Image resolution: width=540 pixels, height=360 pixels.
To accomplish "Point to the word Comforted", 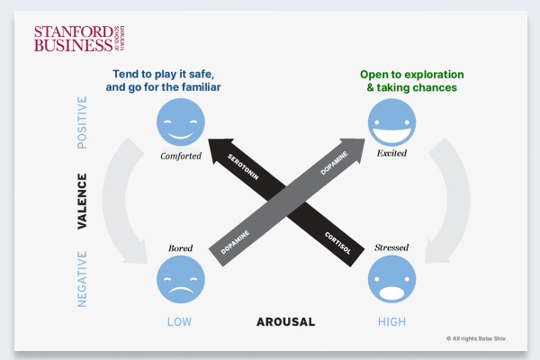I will tap(181, 156).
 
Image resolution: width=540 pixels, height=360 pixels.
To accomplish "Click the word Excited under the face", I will tap(392, 153).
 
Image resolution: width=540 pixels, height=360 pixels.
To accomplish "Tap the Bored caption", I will tap(181, 247).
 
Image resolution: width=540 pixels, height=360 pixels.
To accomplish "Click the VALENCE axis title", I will tap(82, 202).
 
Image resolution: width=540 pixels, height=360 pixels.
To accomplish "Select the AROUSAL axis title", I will tap(285, 321).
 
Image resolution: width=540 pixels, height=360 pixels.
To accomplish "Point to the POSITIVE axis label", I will tap(82, 122).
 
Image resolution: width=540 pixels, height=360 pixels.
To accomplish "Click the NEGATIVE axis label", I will tap(82, 280).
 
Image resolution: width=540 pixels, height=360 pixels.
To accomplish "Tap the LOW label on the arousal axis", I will tap(181, 321).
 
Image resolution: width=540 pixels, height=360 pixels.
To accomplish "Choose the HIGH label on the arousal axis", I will tap(392, 321).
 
